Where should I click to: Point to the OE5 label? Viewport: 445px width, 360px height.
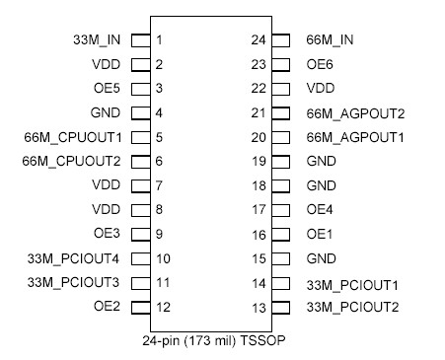pyautogui.click(x=107, y=89)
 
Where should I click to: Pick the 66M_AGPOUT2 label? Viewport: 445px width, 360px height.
pyautogui.click(x=356, y=112)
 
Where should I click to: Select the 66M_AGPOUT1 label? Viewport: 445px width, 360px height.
pyautogui.click(x=356, y=136)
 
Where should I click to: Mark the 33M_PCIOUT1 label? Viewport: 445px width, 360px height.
pyautogui.click(x=352, y=283)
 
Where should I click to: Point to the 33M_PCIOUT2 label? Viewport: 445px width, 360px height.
pyautogui.click(x=352, y=307)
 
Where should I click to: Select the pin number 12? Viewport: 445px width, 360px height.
pyautogui.click(x=163, y=306)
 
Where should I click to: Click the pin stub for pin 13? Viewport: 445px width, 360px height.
pyautogui.click(x=280, y=307)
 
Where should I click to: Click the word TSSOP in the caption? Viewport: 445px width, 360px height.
pyautogui.click(x=277, y=339)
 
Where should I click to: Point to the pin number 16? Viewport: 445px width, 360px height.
pyautogui.click(x=259, y=234)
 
